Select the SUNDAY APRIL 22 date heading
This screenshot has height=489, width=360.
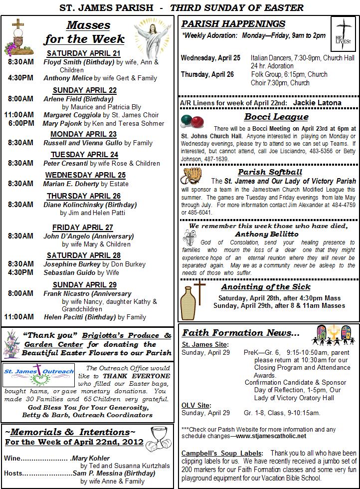(85, 90)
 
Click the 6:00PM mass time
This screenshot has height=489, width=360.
(21, 123)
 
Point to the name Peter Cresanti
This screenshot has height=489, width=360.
(65, 163)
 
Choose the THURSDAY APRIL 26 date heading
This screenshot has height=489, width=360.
(84, 196)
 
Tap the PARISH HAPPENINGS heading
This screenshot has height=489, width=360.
(233, 24)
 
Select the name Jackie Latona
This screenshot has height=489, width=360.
(317, 103)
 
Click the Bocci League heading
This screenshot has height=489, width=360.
(276, 117)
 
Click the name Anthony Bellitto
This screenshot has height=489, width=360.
(267, 234)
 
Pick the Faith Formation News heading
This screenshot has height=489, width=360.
(241, 333)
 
